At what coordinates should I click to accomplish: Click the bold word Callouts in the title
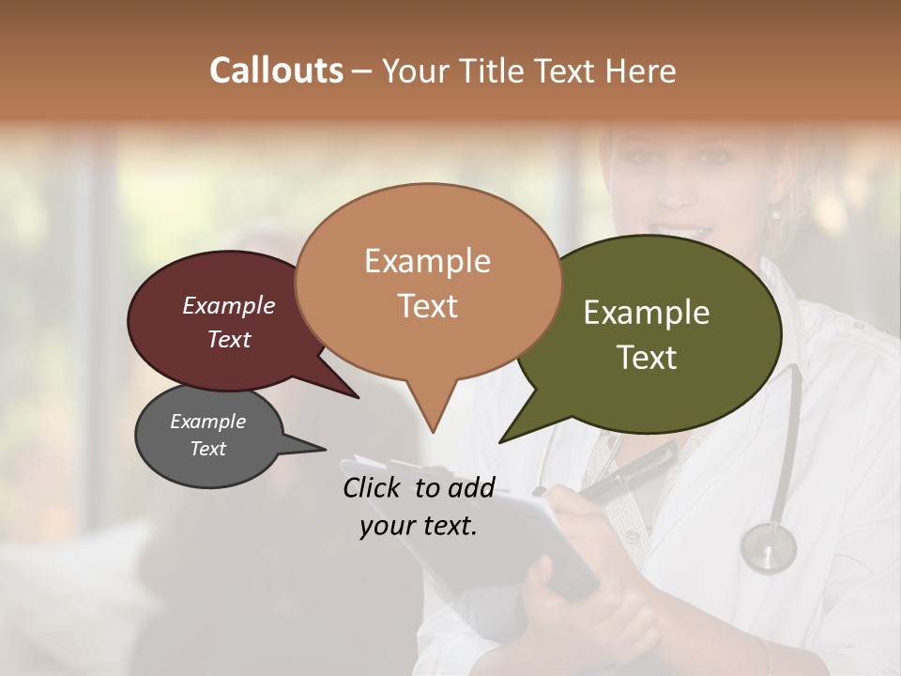coord(276,70)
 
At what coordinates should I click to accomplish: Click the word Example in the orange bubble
coord(427,261)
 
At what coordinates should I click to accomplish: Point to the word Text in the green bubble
coord(647,358)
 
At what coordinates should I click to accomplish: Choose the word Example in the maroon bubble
coord(228,306)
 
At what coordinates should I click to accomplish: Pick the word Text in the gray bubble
coord(207,449)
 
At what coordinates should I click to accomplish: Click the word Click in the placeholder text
coord(374,487)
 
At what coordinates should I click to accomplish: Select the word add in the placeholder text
coord(470,487)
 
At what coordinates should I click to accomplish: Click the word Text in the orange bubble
coord(427,306)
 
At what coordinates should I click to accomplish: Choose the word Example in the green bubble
coord(647,313)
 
